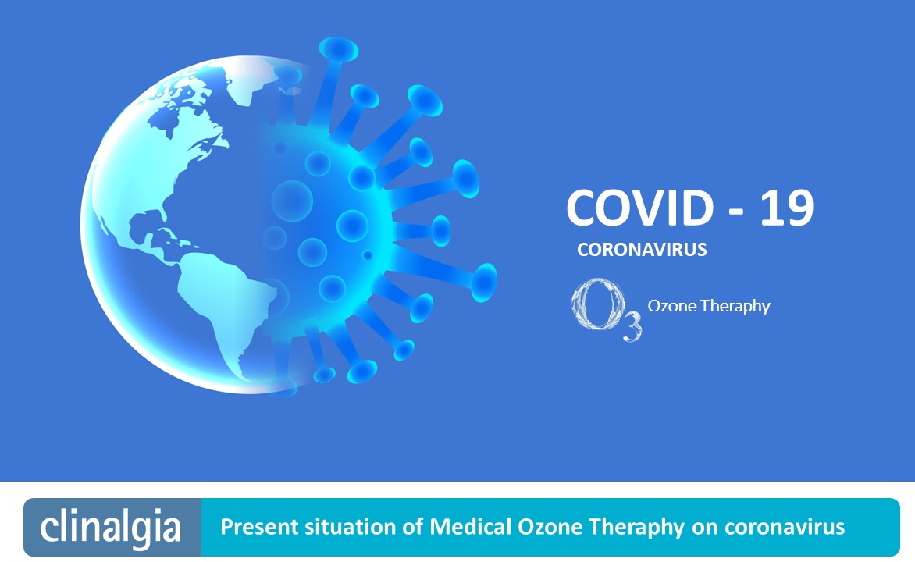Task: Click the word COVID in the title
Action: click(x=639, y=208)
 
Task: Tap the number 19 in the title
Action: click(x=787, y=208)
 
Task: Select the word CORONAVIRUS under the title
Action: click(x=642, y=250)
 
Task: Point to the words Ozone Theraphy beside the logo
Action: click(x=709, y=306)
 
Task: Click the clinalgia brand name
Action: click(x=110, y=527)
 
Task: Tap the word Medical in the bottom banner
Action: click(x=470, y=526)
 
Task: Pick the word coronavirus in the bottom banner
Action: click(x=785, y=527)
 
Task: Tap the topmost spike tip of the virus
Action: click(x=339, y=49)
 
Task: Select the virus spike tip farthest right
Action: click(x=484, y=283)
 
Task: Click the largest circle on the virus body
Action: click(x=292, y=201)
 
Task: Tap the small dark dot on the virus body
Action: click(x=368, y=255)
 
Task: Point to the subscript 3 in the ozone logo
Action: click(x=632, y=327)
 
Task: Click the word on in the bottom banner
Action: click(x=705, y=528)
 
